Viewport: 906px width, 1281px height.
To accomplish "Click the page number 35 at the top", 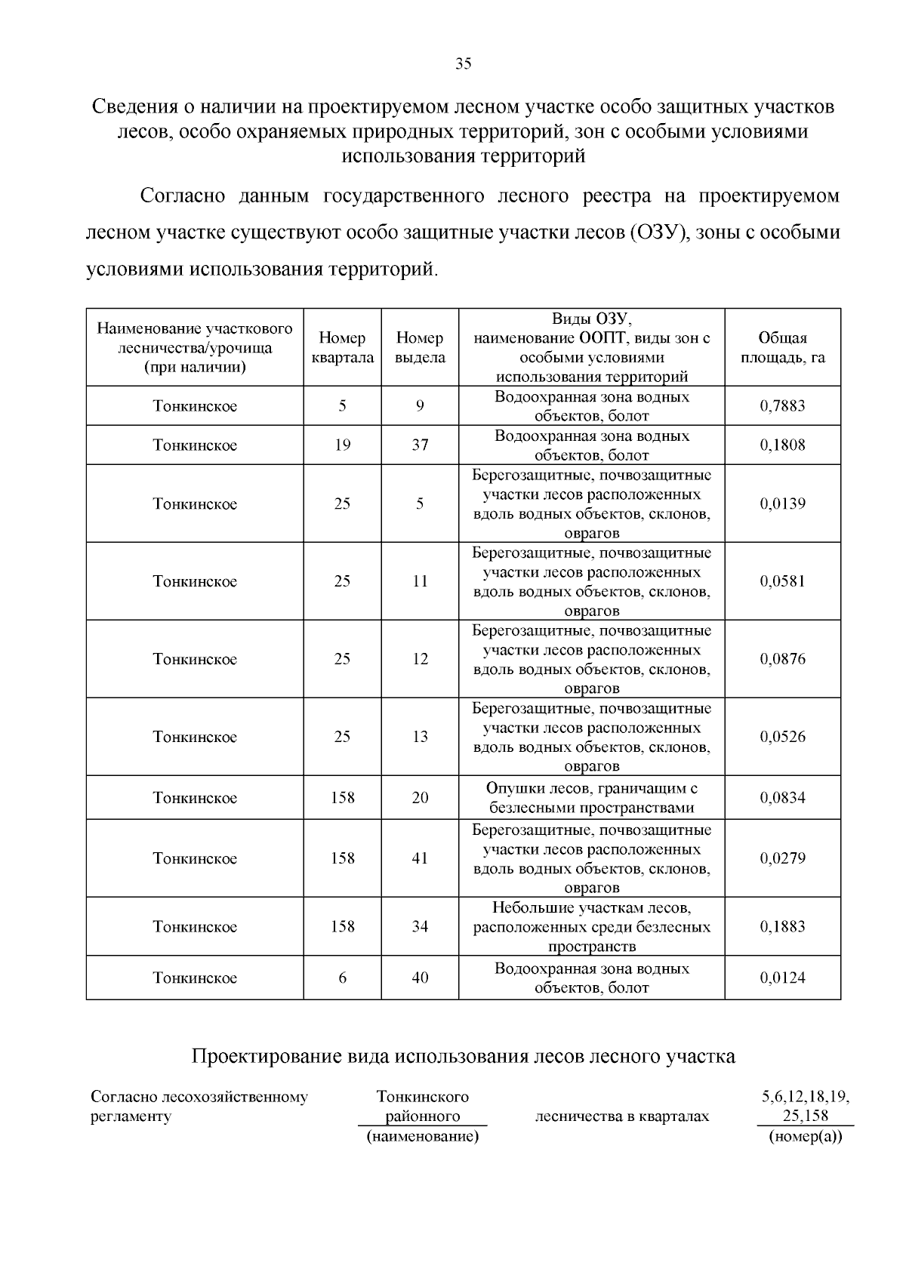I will click(464, 64).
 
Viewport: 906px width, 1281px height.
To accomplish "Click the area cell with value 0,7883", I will click(782, 406).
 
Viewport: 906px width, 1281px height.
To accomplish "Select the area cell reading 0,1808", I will click(782, 445).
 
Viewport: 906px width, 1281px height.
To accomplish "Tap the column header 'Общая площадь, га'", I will click(782, 348).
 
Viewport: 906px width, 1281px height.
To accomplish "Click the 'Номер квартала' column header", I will click(342, 348).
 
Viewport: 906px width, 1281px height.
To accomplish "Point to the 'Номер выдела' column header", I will click(420, 348).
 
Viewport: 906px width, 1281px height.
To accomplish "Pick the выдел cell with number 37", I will click(420, 445).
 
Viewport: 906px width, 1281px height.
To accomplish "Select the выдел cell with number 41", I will click(420, 858).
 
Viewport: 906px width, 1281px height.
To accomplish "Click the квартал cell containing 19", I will click(342, 445).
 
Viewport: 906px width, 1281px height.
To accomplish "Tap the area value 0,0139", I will click(782, 503).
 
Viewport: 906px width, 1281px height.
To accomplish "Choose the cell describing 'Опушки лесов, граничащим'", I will click(591, 798).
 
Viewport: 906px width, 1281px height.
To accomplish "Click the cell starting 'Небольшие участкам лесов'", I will click(591, 926).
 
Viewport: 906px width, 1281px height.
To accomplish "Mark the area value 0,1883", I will click(782, 926).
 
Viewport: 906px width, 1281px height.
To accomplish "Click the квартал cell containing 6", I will click(342, 978).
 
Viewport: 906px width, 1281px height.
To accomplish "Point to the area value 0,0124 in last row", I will click(782, 978).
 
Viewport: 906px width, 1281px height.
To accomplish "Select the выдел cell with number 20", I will click(420, 798).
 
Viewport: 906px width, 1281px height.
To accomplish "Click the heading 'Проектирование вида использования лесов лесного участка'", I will click(463, 1056).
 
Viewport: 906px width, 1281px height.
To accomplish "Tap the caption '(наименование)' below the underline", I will click(423, 1136).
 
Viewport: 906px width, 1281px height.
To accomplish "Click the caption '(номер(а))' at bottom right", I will click(805, 1136).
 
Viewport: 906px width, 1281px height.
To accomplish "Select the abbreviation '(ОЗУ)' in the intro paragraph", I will click(656, 232).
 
